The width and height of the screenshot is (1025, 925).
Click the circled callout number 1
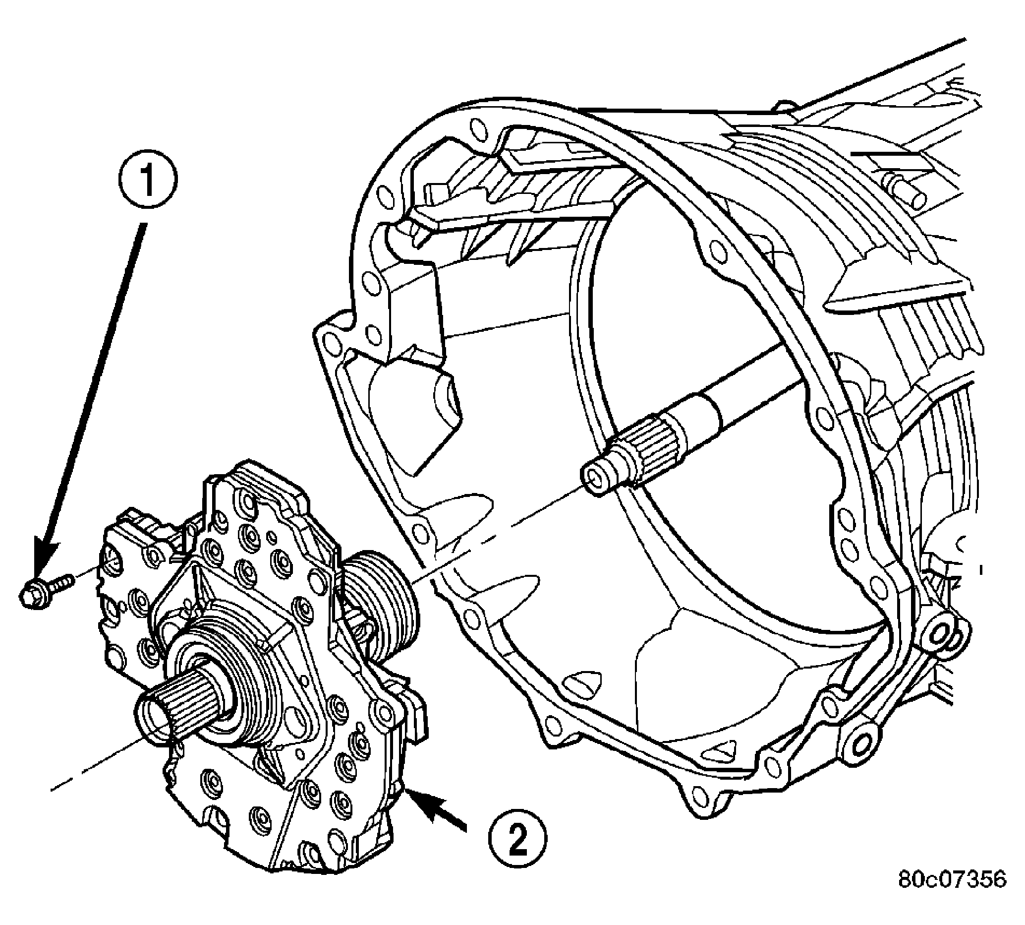(148, 181)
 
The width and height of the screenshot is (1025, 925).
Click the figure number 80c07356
(952, 893)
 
